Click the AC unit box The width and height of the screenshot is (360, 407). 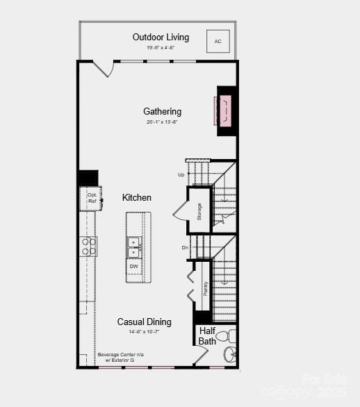pyautogui.click(x=218, y=42)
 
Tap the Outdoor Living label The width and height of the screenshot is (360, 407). pyautogui.click(x=161, y=37)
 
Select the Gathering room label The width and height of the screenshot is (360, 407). pyautogui.click(x=163, y=111)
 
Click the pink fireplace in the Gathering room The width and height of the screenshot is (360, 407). pyautogui.click(x=224, y=110)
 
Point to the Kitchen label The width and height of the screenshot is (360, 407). pyautogui.click(x=137, y=198)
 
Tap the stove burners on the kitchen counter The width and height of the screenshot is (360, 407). pyautogui.click(x=89, y=247)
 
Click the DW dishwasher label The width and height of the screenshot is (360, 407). pyautogui.click(x=134, y=266)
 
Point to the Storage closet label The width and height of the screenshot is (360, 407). pyautogui.click(x=199, y=211)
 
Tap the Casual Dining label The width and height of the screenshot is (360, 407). pyautogui.click(x=144, y=322)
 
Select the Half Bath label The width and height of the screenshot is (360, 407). pyautogui.click(x=207, y=336)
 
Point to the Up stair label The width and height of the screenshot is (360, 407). pyautogui.click(x=181, y=175)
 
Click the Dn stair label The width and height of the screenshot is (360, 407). pyautogui.click(x=186, y=248)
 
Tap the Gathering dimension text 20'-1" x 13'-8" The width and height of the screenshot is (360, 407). pyautogui.click(x=163, y=122)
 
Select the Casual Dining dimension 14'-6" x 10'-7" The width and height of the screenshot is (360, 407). pyautogui.click(x=144, y=332)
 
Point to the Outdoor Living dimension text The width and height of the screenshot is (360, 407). pyautogui.click(x=161, y=48)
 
